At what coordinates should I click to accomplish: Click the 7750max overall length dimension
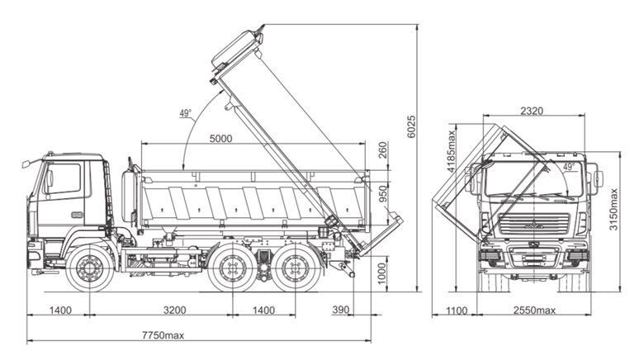(x=163, y=335)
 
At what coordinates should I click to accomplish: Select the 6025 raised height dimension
(x=411, y=126)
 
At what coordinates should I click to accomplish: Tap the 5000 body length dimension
(x=220, y=139)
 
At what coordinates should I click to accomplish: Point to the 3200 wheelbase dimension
(x=174, y=310)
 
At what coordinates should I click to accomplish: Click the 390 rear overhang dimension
(x=340, y=310)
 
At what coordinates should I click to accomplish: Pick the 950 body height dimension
(x=382, y=194)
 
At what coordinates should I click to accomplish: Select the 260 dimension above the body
(x=382, y=150)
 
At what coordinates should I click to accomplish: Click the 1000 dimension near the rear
(x=382, y=273)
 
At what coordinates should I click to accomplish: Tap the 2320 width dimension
(x=532, y=111)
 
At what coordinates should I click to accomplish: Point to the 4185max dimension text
(x=452, y=151)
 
